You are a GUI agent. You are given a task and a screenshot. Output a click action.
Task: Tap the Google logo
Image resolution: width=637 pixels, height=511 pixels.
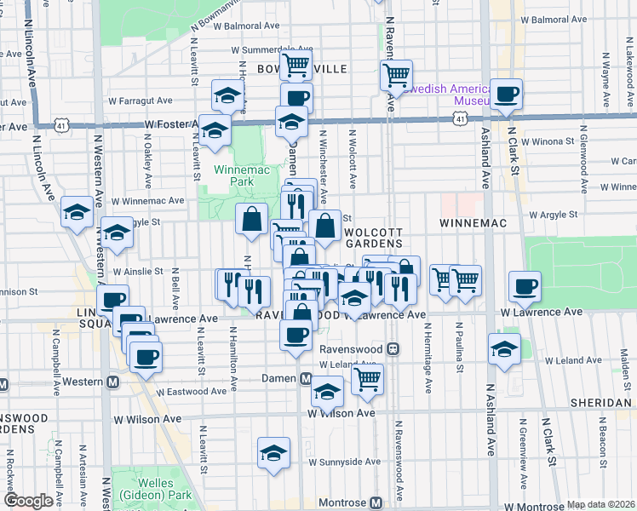pos(28,502)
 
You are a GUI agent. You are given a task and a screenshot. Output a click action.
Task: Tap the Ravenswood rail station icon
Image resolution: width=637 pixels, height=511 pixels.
pos(393,349)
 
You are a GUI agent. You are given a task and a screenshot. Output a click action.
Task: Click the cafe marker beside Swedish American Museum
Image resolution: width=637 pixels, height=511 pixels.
pos(506,95)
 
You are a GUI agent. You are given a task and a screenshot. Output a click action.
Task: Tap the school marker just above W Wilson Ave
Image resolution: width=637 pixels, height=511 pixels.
pos(326,392)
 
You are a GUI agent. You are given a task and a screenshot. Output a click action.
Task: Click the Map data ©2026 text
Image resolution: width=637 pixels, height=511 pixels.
pos(600,504)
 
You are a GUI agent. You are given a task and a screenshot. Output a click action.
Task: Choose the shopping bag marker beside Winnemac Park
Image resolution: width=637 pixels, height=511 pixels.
pos(253,219)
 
